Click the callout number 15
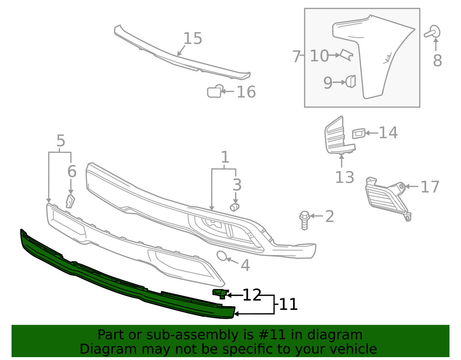pyautogui.click(x=193, y=39)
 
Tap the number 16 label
pyautogui.click(x=246, y=92)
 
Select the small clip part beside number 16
pyautogui.click(x=214, y=92)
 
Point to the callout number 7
pyautogui.click(x=296, y=57)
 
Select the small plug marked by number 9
pyautogui.click(x=351, y=82)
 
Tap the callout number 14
pyautogui.click(x=388, y=133)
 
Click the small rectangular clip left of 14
pyautogui.click(x=359, y=134)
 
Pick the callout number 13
pyautogui.click(x=344, y=177)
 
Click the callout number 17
pyautogui.click(x=430, y=187)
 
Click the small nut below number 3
pyautogui.click(x=236, y=207)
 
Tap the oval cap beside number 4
pyautogui.click(x=222, y=256)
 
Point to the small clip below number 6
pyautogui.click(x=70, y=201)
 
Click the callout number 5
pyautogui.click(x=60, y=142)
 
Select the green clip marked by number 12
pyautogui.click(x=219, y=293)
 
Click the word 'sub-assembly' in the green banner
pyautogui.click(x=185, y=335)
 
